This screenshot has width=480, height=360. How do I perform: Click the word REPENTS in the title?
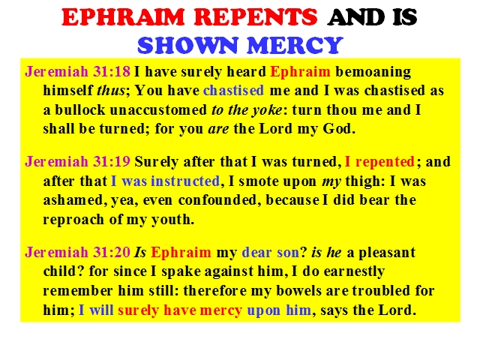[256, 17]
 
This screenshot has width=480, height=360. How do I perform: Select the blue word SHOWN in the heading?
[187, 45]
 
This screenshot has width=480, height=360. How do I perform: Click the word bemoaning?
[373, 72]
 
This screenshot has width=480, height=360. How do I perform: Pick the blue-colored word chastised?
[233, 90]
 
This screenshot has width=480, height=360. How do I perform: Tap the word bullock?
[80, 110]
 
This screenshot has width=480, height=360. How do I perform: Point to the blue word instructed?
[185, 181]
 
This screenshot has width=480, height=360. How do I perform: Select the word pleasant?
[387, 253]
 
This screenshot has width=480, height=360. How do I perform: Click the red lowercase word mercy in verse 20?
[221, 310]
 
